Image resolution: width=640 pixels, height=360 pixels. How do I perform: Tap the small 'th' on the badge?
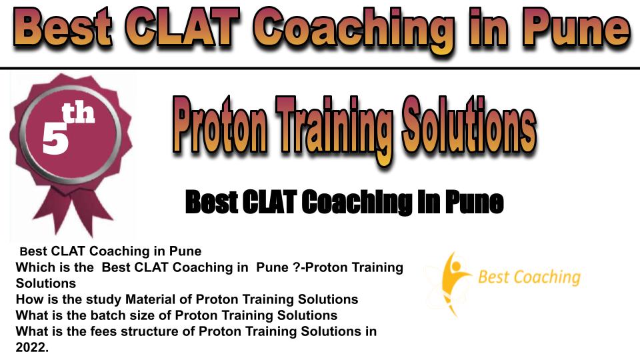(x=78, y=113)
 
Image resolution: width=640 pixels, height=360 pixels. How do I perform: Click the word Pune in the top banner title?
(x=575, y=29)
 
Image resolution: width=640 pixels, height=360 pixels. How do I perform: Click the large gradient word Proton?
(x=221, y=125)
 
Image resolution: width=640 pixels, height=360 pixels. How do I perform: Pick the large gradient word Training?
(x=334, y=129)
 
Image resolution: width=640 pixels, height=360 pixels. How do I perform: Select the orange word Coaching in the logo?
(x=546, y=277)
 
